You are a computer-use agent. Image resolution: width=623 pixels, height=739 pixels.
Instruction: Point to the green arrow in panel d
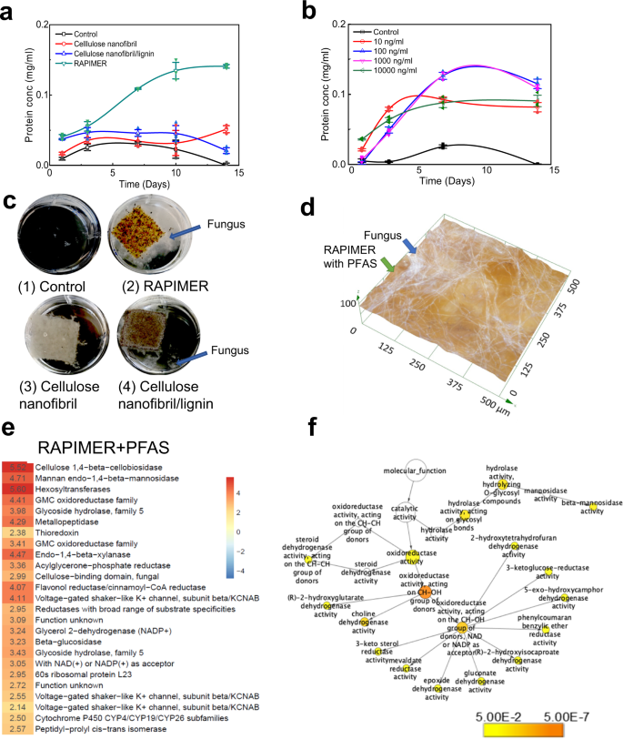pyautogui.click(x=389, y=265)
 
